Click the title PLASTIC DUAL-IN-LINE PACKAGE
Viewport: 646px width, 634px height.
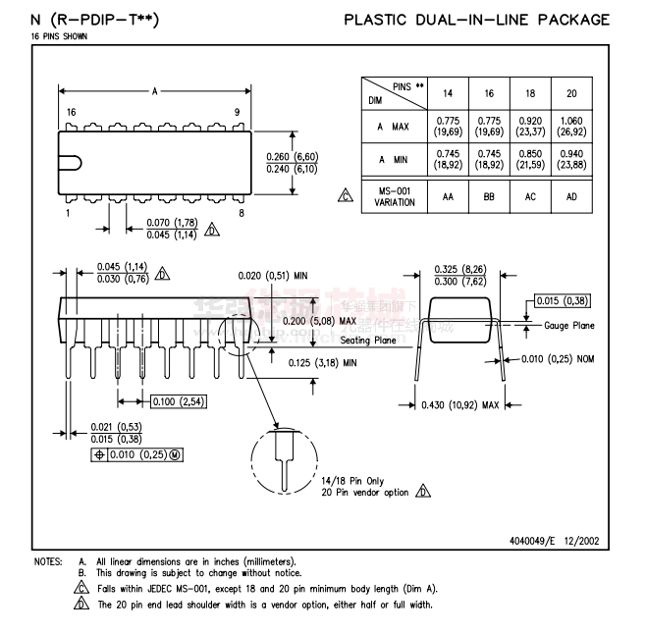(x=476, y=20)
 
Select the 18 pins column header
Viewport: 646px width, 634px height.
(x=530, y=93)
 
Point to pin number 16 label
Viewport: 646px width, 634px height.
(x=71, y=112)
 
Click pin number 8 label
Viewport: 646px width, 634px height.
(x=242, y=213)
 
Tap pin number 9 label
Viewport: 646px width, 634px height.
(x=237, y=112)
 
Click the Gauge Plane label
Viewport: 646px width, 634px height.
(x=568, y=325)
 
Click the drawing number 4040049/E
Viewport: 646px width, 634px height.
(x=538, y=540)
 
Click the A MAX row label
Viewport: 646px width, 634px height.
(x=393, y=127)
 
